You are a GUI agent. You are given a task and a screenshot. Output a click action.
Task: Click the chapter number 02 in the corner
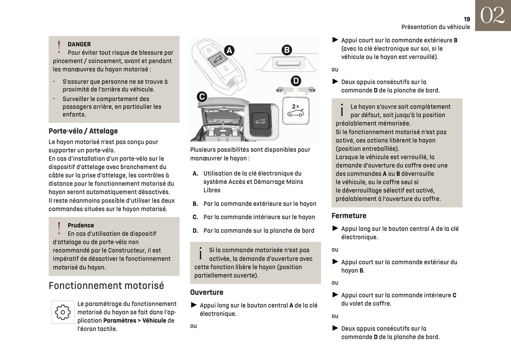click(492, 16)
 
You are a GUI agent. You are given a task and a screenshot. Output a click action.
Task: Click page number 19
click(467, 19)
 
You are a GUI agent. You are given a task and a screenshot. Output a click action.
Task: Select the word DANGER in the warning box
click(79, 44)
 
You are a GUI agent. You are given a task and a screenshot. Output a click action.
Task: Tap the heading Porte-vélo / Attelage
click(83, 131)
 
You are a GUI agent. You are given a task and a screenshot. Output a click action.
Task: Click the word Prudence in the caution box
click(81, 225)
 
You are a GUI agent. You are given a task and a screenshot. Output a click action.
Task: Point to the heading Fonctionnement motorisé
click(106, 286)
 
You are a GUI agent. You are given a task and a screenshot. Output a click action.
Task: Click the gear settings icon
click(63, 312)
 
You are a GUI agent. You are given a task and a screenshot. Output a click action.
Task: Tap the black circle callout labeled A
click(229, 51)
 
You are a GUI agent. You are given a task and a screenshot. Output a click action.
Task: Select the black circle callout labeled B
click(287, 50)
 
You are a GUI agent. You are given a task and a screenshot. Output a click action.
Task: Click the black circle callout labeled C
click(202, 97)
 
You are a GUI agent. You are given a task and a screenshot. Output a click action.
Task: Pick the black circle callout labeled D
click(296, 81)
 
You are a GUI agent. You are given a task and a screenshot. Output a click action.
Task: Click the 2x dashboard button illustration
click(295, 111)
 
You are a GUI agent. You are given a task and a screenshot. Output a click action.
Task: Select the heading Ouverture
click(207, 292)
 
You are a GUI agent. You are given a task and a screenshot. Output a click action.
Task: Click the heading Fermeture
click(349, 216)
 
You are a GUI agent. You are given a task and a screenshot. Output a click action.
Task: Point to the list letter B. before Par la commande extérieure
click(195, 204)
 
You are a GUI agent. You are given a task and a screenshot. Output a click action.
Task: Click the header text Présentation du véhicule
click(435, 27)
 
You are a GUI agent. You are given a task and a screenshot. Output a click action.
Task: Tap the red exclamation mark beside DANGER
click(59, 47)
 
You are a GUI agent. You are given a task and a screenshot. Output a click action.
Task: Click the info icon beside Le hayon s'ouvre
click(342, 110)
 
